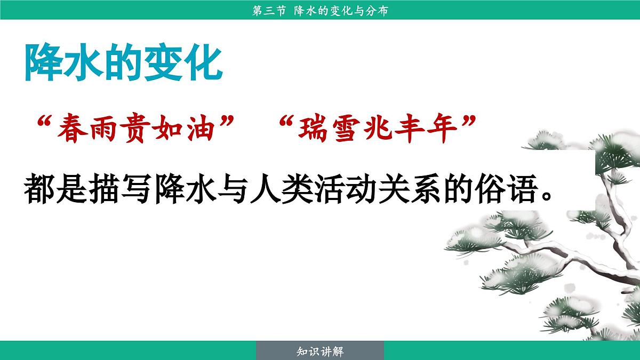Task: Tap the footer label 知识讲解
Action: click(x=320, y=351)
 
